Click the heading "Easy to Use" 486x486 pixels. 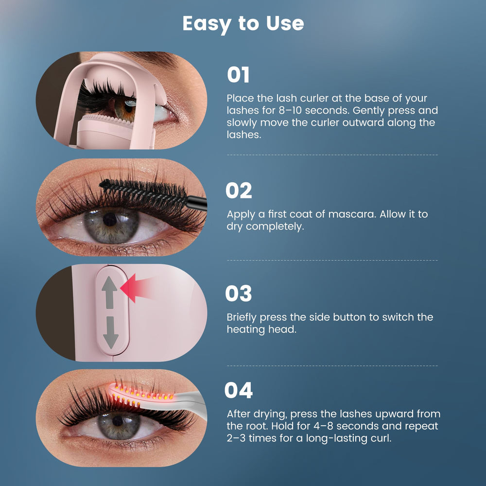point(243,23)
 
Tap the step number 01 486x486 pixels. point(238,75)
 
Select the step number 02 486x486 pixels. point(239,191)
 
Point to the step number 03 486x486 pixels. point(238,293)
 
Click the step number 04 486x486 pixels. point(238,390)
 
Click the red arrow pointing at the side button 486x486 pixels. point(137,288)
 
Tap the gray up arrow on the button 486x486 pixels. point(109,292)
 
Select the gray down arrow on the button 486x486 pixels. point(111,332)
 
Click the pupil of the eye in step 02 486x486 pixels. point(110,220)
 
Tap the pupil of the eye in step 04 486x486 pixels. point(118,420)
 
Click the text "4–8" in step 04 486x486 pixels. point(323,426)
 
